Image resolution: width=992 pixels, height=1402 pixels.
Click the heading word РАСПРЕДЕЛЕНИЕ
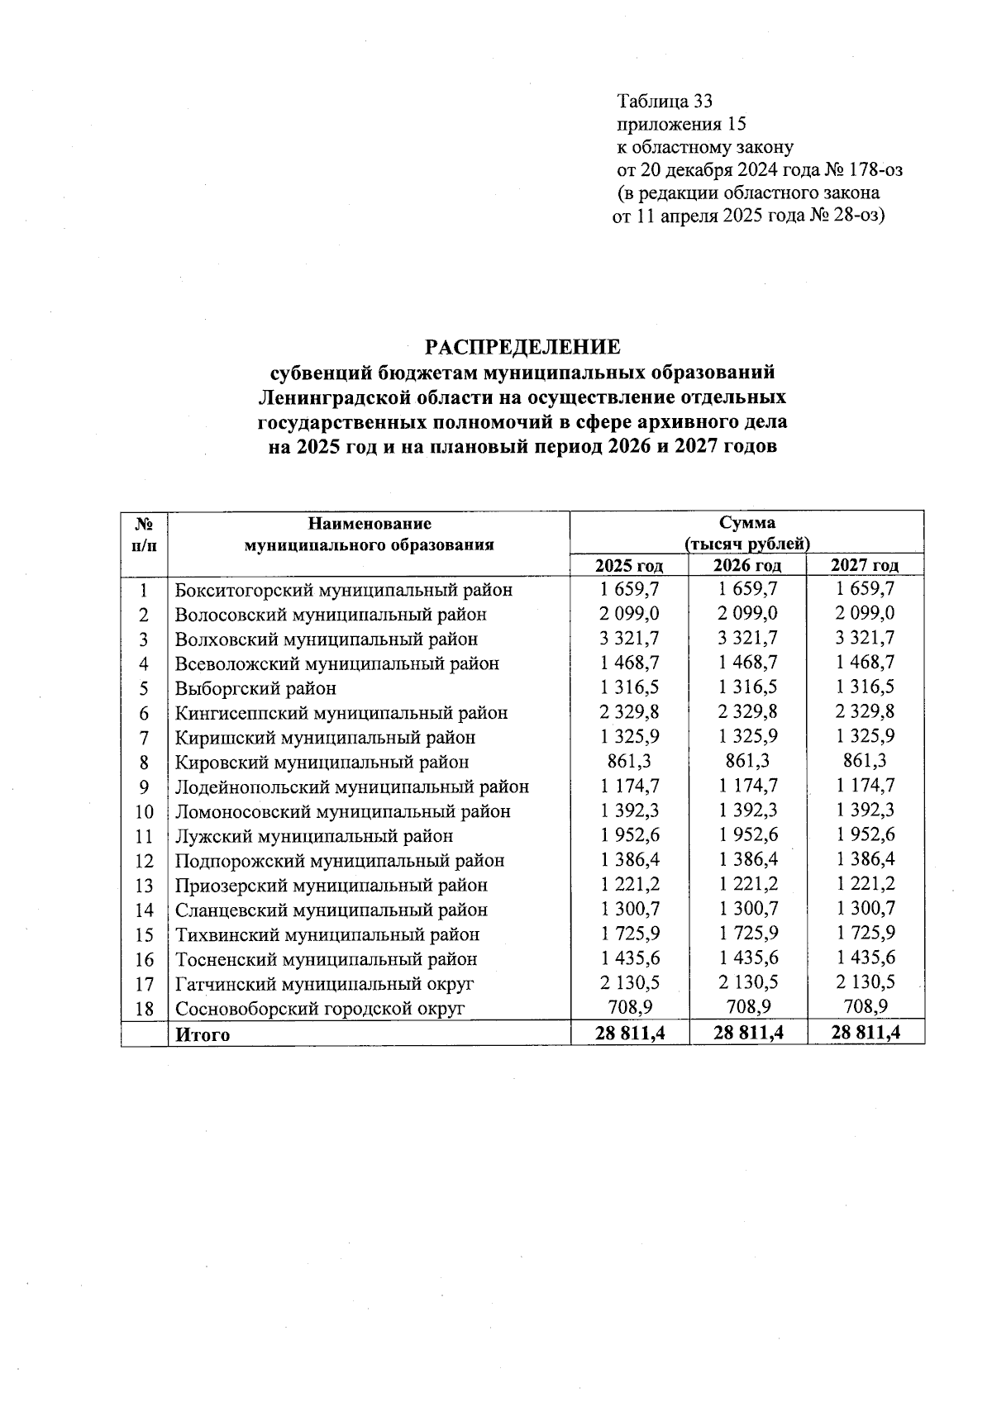point(522,345)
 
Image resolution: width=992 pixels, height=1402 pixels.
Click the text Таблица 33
point(664,102)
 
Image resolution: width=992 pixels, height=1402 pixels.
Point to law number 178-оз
point(872,170)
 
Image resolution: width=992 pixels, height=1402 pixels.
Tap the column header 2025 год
point(630,565)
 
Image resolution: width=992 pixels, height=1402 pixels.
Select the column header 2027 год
point(865,565)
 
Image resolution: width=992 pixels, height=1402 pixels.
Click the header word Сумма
point(746,523)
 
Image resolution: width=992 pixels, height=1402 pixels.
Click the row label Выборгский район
point(255,688)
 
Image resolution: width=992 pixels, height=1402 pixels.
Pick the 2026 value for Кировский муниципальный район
point(747,761)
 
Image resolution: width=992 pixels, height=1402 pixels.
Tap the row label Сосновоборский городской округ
point(320,1009)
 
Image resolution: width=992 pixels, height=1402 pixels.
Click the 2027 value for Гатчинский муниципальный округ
point(865,983)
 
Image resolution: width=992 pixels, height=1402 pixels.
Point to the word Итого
point(203,1034)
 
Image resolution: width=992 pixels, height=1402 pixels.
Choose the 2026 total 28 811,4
point(748,1033)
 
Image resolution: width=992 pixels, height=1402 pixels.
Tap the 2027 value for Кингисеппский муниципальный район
point(865,712)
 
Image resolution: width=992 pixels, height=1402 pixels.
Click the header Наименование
point(370,523)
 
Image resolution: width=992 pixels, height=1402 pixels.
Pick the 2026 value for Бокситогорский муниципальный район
point(747,589)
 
